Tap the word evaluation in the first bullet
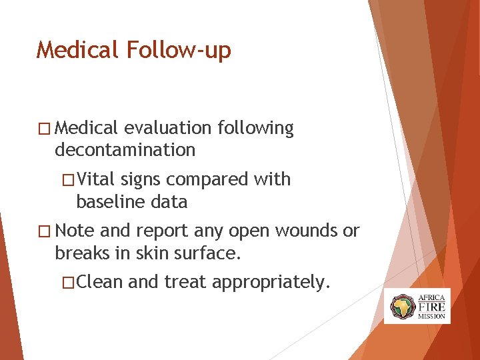click(x=166, y=128)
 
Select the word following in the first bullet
click(x=254, y=128)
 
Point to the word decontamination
click(x=125, y=150)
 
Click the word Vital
click(x=96, y=179)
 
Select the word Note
click(x=75, y=231)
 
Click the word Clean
click(x=100, y=283)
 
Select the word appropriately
click(x=271, y=283)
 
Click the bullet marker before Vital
click(x=67, y=180)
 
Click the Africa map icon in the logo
click(x=402, y=306)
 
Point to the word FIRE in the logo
click(x=431, y=306)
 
